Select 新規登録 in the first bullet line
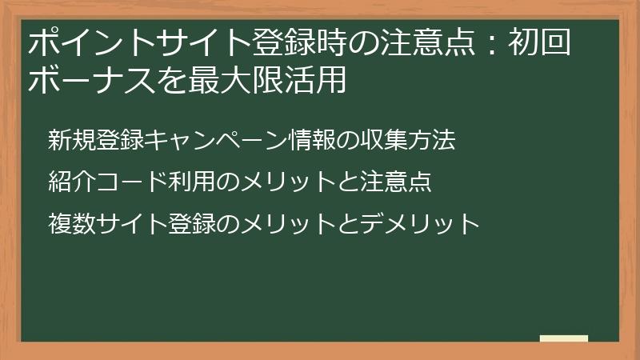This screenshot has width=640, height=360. [96, 141]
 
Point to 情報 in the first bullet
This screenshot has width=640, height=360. [311, 141]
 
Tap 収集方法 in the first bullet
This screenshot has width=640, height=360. [407, 141]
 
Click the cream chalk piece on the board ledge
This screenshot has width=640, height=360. [563, 338]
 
